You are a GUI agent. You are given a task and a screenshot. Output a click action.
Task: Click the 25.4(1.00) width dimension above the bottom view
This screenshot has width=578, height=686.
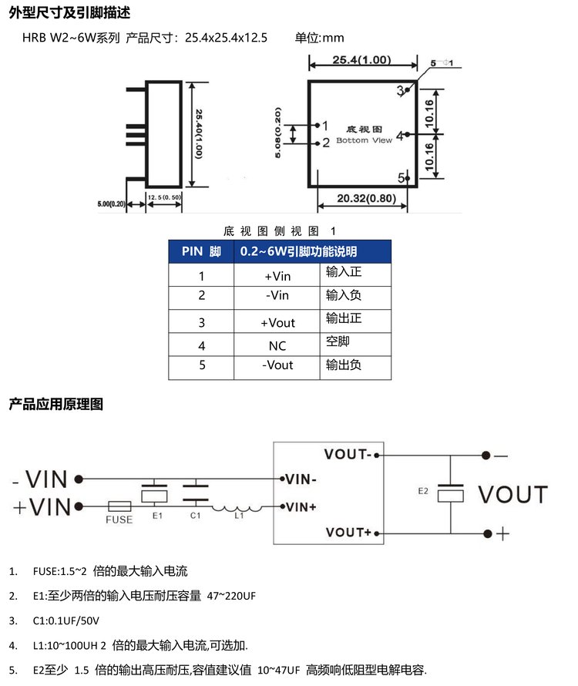[x=361, y=61]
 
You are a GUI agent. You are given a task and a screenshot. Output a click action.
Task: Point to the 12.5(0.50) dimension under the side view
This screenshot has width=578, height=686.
[x=164, y=198]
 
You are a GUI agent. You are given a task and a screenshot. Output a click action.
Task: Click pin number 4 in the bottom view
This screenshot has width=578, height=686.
[x=399, y=136]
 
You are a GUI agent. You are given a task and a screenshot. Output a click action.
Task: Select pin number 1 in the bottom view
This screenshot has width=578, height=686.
[x=325, y=126]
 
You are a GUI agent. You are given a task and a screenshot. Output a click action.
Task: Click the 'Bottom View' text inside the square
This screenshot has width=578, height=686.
[x=365, y=141]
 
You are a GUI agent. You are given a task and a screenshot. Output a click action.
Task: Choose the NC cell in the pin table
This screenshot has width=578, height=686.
[x=277, y=346]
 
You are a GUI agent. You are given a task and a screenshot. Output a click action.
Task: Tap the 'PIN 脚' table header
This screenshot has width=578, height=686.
[x=201, y=252]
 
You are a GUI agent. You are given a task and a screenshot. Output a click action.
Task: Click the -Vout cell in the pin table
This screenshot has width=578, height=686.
[x=277, y=365]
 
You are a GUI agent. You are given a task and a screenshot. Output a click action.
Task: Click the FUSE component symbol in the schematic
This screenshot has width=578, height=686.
[x=119, y=506]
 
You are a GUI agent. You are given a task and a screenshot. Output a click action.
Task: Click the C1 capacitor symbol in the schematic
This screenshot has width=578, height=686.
[x=196, y=493]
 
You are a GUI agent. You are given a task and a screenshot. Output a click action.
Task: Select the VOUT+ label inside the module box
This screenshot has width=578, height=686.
[x=348, y=533]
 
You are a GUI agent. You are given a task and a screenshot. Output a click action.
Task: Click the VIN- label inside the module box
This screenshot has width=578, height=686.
[x=301, y=479]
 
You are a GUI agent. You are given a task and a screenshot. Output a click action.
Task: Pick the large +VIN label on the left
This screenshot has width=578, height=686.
[x=42, y=506]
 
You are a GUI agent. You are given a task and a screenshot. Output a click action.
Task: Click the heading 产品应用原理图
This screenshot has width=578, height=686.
[x=55, y=404]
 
